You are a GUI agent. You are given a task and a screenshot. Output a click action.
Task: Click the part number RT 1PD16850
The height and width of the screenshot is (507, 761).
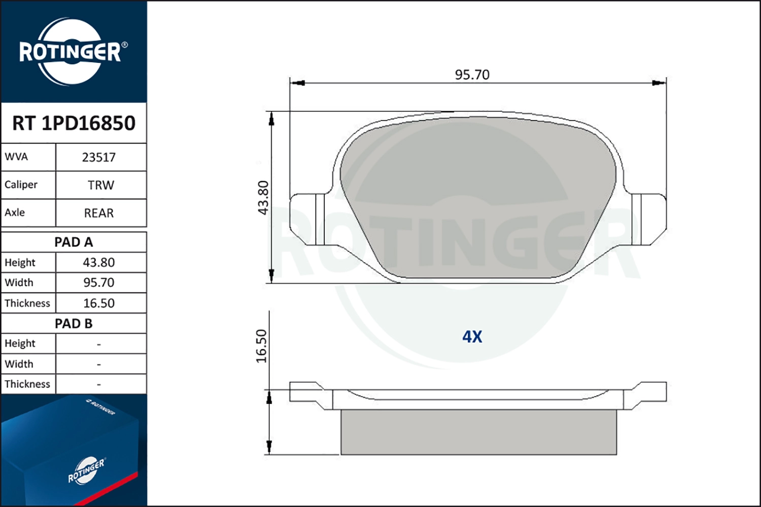pos(74,123)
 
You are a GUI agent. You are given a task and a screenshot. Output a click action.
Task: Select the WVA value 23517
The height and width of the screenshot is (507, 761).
pos(99,158)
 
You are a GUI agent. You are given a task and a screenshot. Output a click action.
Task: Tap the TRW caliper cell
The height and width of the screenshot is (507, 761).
pos(101,185)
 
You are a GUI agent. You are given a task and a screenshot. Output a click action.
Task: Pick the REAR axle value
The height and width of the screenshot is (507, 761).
pos(99,213)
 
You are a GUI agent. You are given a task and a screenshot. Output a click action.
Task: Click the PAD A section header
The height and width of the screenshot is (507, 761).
pos(74,242)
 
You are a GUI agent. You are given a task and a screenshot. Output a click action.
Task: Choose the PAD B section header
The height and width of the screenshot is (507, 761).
pos(74,323)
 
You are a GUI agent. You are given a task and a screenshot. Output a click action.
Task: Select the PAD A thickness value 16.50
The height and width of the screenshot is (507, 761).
pos(99,303)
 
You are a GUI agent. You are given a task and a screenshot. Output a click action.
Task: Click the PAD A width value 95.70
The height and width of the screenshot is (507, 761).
pos(99,282)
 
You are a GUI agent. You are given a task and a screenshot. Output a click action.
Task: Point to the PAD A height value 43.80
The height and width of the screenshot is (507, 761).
pos(99,263)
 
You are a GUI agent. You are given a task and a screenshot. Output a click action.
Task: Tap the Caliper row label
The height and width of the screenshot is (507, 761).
pos(21,185)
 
